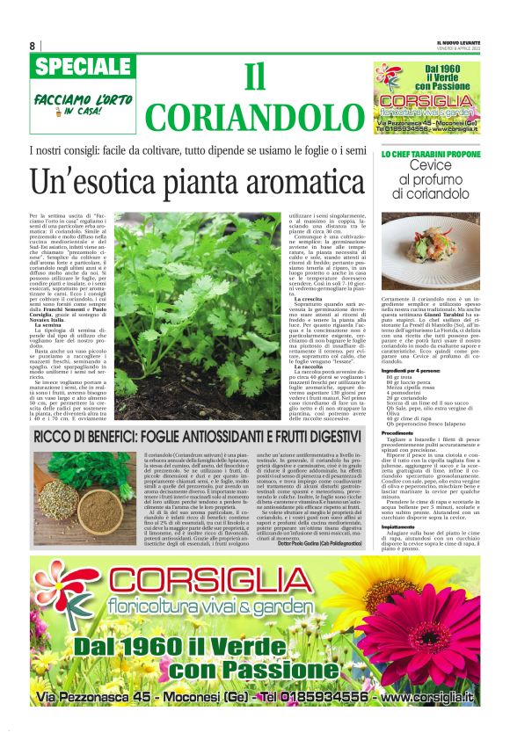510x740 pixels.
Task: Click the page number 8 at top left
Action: (x=33, y=46)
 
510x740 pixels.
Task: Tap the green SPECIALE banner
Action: (x=81, y=68)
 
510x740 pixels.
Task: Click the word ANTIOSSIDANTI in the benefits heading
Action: (x=244, y=436)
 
